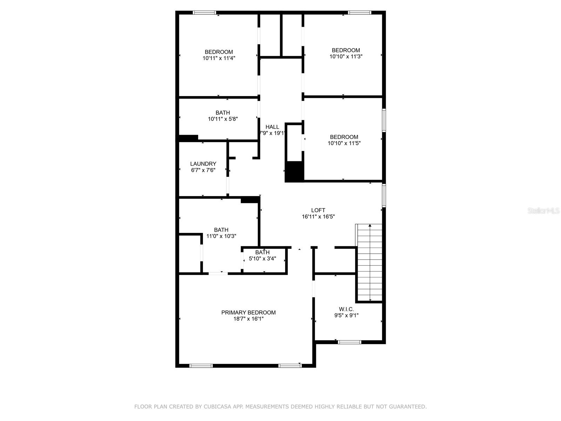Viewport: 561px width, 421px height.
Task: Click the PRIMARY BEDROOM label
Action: tap(248, 312)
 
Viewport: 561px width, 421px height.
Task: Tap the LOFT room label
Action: tap(318, 210)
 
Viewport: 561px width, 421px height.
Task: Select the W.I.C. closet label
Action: tap(346, 309)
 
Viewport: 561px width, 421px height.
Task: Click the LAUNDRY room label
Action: tap(203, 164)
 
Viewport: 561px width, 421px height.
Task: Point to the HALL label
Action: tap(272, 127)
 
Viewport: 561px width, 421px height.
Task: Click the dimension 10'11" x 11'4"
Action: tap(219, 58)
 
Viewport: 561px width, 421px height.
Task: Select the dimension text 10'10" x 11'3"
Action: tap(346, 56)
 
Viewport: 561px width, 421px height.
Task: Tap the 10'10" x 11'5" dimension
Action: tap(344, 143)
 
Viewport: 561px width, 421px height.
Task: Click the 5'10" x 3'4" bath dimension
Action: tap(262, 259)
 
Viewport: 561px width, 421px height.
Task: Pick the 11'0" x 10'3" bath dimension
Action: tap(221, 236)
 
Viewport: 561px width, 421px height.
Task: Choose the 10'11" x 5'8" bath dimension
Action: tap(223, 119)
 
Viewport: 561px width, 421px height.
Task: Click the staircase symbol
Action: tap(370, 262)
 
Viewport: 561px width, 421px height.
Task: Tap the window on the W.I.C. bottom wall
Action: tap(349, 342)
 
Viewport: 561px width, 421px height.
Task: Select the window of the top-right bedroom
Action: tap(359, 13)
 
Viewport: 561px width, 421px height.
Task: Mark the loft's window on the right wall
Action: tap(384, 195)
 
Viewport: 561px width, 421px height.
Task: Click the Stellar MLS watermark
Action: tap(543, 211)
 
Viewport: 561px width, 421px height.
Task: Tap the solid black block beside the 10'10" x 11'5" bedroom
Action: tap(294, 172)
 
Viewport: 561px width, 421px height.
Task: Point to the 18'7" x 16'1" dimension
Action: tap(248, 319)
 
